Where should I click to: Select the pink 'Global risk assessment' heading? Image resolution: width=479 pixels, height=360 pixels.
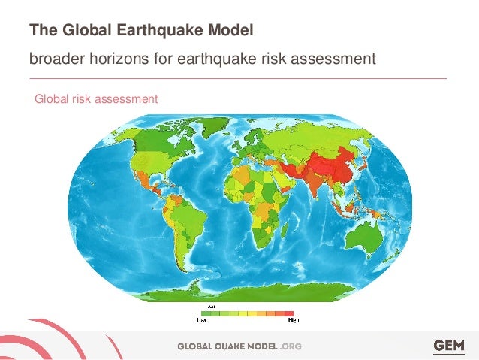coord(95,98)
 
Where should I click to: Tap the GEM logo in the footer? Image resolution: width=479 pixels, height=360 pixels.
coord(448,345)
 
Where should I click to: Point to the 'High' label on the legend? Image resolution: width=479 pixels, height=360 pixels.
coord(294,319)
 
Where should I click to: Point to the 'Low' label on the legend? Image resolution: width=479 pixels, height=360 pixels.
coord(202,319)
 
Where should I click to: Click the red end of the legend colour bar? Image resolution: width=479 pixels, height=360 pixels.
coord(288,313)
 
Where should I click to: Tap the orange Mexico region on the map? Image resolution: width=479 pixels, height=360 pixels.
coord(137,180)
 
